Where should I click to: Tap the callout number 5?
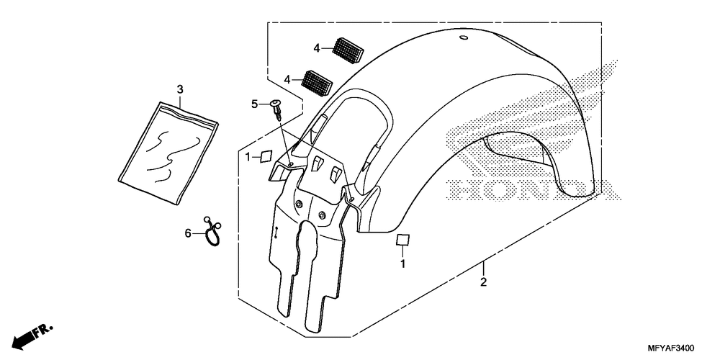(254, 104)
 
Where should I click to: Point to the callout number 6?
(189, 233)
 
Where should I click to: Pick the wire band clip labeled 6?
(211, 233)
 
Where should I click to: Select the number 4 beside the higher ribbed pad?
(316, 48)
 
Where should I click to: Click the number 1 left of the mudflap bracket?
(247, 156)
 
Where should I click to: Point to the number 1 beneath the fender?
(403, 264)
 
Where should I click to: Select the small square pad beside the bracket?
(266, 155)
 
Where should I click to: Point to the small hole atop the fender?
(464, 37)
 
